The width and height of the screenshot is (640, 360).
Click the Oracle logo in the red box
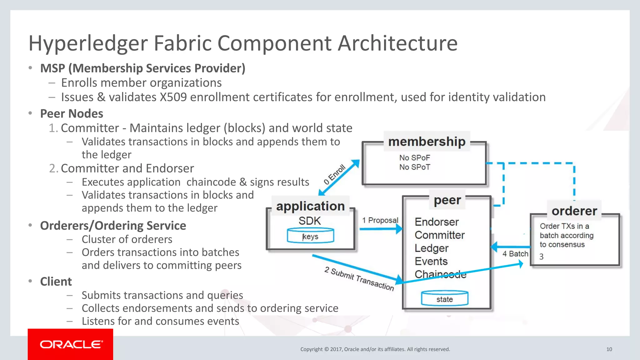pos(71,344)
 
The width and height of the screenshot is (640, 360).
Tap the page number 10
pos(609,349)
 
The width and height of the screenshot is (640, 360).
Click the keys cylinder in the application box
pos(310,236)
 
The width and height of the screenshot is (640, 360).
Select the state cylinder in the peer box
pos(444,298)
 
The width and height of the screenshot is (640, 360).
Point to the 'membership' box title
pos(427,142)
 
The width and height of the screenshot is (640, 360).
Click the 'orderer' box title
pos(574,211)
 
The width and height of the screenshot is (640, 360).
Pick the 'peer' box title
pos(447,200)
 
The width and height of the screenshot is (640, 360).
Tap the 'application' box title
pos(310,206)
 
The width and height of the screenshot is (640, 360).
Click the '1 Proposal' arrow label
pos(380,220)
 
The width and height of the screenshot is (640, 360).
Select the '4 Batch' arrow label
pos(515,254)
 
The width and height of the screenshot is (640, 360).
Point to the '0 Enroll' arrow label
pos(334,174)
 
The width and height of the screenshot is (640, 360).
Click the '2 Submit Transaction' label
pos(359,279)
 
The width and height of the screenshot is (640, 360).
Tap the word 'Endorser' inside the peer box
pos(437,222)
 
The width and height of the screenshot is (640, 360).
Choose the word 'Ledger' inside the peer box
pos(431,248)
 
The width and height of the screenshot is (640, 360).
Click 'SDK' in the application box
pos(309,221)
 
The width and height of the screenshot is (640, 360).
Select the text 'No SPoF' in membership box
pos(414,158)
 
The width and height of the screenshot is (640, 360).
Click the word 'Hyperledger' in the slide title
pos(88,43)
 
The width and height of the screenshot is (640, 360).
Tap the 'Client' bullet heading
pos(56,282)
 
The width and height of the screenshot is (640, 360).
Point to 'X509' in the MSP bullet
pos(173,97)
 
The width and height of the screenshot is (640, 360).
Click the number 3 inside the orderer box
pos(541,257)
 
